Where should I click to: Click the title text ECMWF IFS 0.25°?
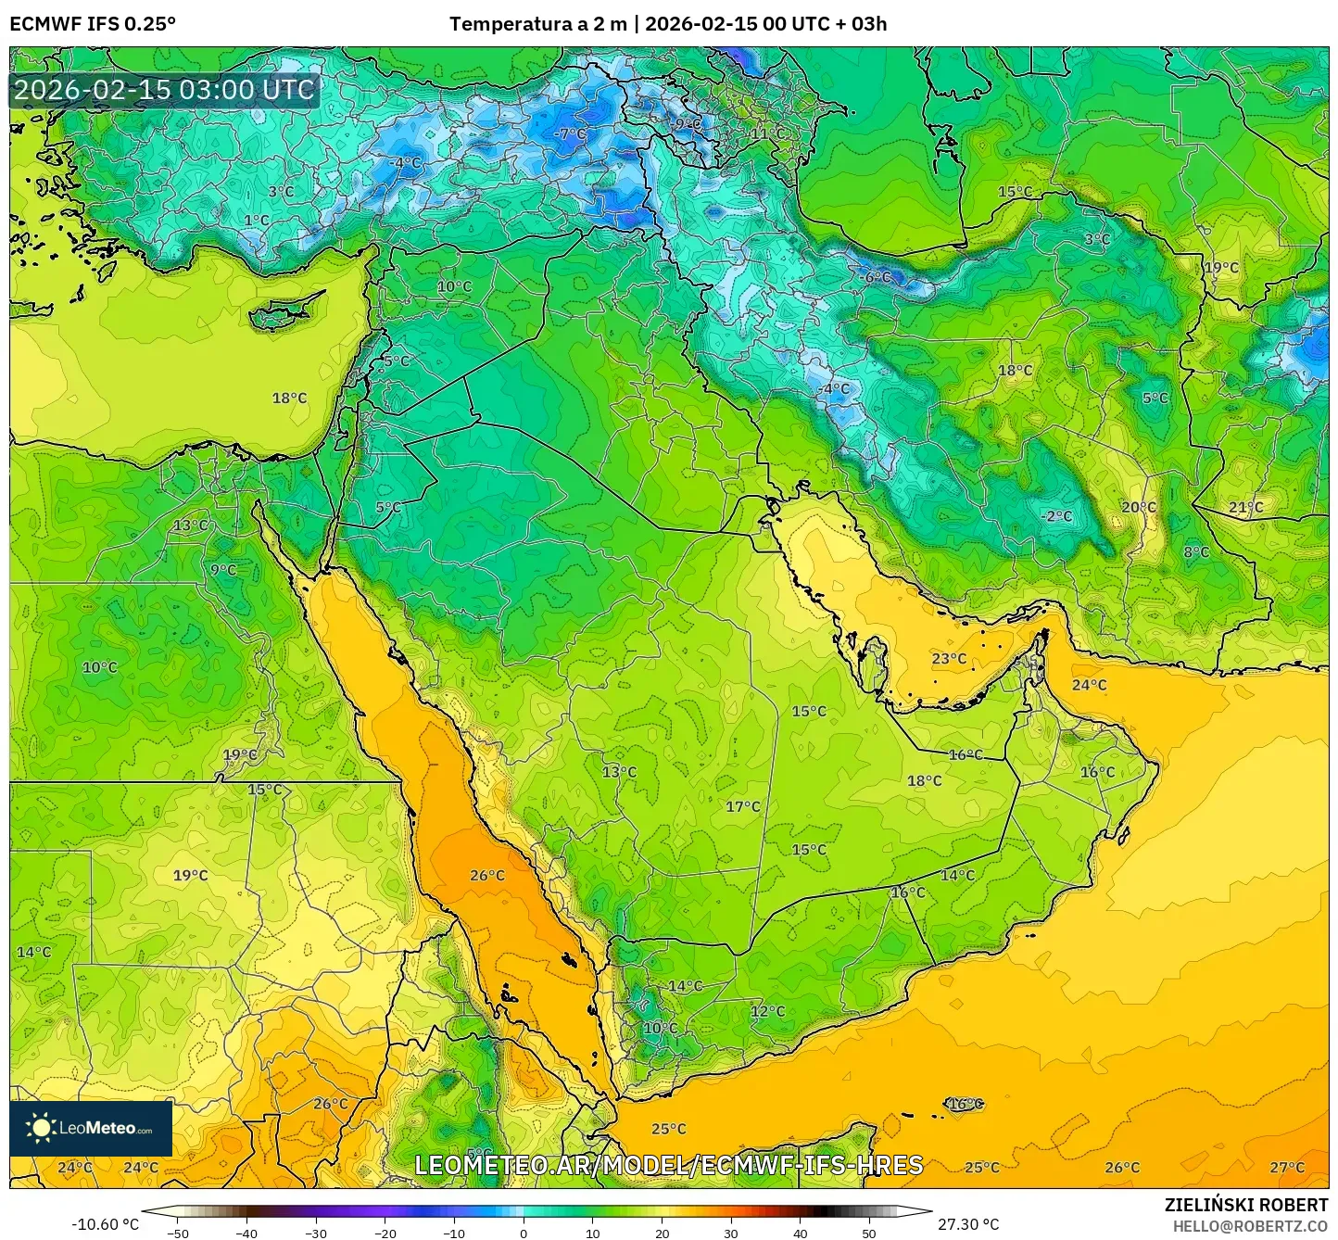pos(93,24)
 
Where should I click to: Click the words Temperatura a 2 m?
pos(536,24)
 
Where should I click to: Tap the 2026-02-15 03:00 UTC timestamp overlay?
pos(164,90)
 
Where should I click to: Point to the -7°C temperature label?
pos(571,133)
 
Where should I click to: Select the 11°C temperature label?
pos(767,133)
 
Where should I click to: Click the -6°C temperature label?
pos(877,277)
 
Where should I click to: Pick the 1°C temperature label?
pos(257,221)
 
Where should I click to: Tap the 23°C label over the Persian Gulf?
pos(949,659)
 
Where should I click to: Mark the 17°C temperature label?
pos(742,807)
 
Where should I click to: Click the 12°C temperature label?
pos(767,1011)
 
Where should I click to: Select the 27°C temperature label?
pos(1286,1168)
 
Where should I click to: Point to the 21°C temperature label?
pos(1245,507)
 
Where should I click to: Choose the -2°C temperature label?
pos(1056,516)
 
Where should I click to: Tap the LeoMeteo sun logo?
pos(41,1128)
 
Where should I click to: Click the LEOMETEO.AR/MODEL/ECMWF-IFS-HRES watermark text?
pos(668,1165)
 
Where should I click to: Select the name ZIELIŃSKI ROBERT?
pos(1245,1205)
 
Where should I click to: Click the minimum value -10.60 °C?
pos(105,1224)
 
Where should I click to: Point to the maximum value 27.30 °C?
pos(968,1224)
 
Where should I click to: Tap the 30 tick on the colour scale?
pos(731,1233)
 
